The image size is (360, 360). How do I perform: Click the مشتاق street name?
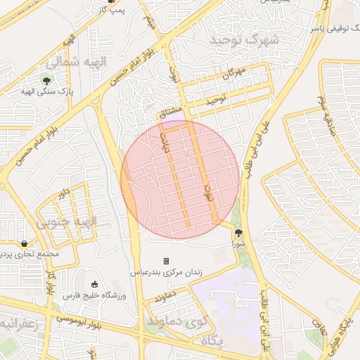171,113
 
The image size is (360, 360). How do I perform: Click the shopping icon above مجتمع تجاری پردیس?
24,243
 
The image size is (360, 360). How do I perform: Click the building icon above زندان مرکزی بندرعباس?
167,261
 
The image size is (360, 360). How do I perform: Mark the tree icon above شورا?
238,232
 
